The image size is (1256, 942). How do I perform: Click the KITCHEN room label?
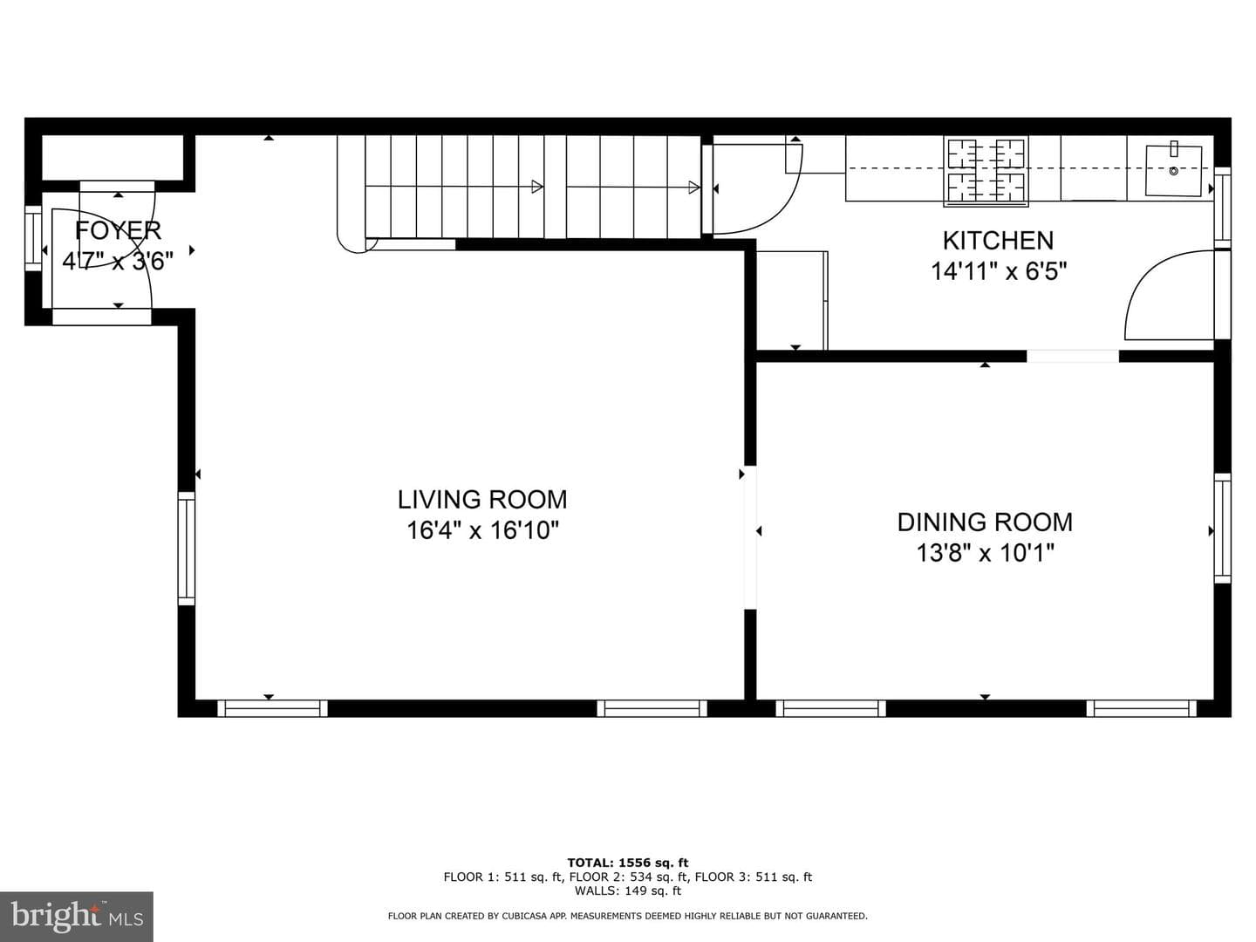point(998,241)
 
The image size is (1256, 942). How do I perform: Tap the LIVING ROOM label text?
point(482,499)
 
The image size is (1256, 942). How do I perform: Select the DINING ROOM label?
point(985,522)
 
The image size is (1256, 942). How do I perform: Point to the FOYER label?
point(118,230)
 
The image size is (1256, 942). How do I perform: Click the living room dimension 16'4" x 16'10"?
point(482,530)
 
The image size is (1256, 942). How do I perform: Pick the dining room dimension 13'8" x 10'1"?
point(985,553)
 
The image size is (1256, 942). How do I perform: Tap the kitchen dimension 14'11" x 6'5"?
point(999,271)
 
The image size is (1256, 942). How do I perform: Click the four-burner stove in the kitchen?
point(986,171)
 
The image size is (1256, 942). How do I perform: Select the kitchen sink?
point(1173,170)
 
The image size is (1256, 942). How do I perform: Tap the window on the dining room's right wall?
point(1222,528)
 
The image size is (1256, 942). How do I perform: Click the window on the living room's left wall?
point(187,548)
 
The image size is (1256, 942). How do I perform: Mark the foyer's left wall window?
point(33,238)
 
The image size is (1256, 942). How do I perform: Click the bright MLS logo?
point(77,916)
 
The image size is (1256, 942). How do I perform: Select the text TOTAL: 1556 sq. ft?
point(628,863)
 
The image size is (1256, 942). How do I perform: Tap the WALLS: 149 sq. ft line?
point(628,891)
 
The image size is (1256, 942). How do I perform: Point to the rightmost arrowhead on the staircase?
point(694,187)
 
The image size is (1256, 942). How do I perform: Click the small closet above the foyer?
point(113,158)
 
